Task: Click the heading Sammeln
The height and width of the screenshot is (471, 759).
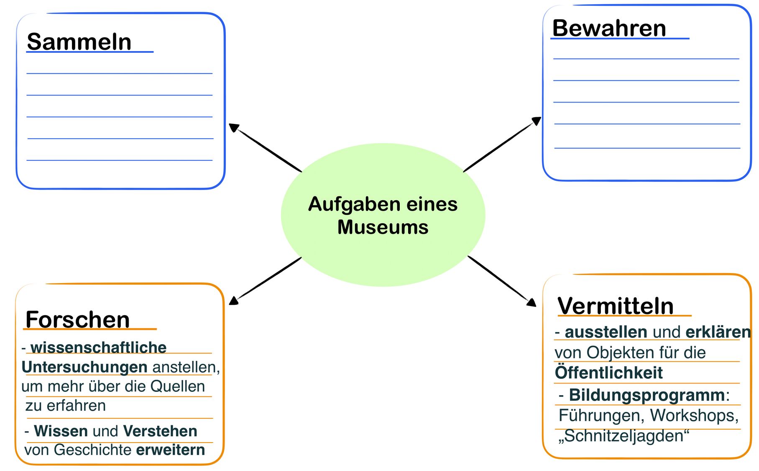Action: (79, 42)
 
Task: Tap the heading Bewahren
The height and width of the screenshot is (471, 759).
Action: (609, 28)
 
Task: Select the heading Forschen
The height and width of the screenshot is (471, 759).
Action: (77, 319)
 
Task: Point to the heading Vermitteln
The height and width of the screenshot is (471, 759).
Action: (615, 306)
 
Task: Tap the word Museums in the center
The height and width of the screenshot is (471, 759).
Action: (383, 227)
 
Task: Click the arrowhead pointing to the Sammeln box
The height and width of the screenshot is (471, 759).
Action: (234, 128)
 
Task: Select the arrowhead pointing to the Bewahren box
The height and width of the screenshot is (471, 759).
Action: (536, 121)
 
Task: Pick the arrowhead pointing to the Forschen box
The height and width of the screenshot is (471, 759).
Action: (233, 300)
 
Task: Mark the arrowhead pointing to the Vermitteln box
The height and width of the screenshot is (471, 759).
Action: (531, 302)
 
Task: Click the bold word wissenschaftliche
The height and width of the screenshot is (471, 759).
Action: (98, 347)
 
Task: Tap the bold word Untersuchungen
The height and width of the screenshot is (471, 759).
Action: (84, 367)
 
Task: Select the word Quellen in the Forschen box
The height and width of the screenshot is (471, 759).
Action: (178, 386)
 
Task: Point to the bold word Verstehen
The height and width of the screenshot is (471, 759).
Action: (160, 431)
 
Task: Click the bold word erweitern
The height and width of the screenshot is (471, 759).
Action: (171, 450)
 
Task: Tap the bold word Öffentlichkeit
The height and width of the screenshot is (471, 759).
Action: (609, 372)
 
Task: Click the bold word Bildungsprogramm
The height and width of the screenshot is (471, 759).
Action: (647, 395)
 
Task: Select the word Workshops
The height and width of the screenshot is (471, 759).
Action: (694, 415)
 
